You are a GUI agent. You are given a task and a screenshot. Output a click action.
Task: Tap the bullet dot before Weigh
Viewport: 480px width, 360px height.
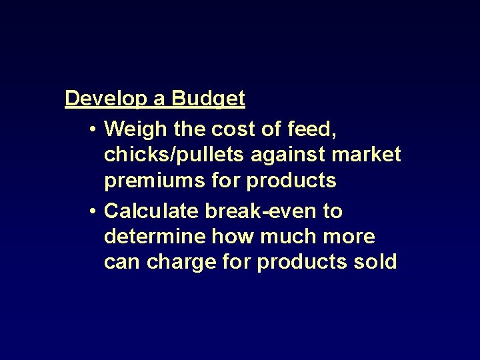[92, 127]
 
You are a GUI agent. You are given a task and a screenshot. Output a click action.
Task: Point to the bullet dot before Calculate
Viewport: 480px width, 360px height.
[92, 212]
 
